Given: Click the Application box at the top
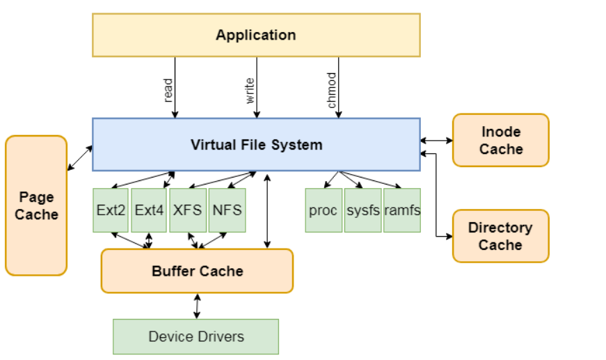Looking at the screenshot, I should coord(256,35).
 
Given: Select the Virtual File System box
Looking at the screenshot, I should coord(256,144).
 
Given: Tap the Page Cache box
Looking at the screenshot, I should coord(36,205).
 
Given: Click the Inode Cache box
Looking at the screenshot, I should coord(500,140).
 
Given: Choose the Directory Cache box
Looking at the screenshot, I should coord(500,236).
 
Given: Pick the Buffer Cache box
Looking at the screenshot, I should coord(197,271).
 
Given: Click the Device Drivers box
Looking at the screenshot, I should coord(196,336).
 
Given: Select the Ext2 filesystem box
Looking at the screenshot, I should coord(111,210).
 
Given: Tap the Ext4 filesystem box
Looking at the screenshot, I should coord(150,210).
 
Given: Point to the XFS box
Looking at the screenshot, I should coord(189,210).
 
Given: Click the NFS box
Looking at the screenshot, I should coord(227,210).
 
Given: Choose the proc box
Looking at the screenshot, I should coord(324,210).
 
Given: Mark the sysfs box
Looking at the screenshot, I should coord(362,210).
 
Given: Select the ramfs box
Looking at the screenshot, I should coord(402,210).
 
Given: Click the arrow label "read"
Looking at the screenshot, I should coord(168,91).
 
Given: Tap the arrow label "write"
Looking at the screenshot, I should coord(250,91).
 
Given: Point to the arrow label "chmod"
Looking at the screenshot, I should coord(332,91).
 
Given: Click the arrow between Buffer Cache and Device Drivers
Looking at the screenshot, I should coord(197,306).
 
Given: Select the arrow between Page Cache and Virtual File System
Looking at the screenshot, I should coord(80,157).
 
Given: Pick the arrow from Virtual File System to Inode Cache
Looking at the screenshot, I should coord(436,140).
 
